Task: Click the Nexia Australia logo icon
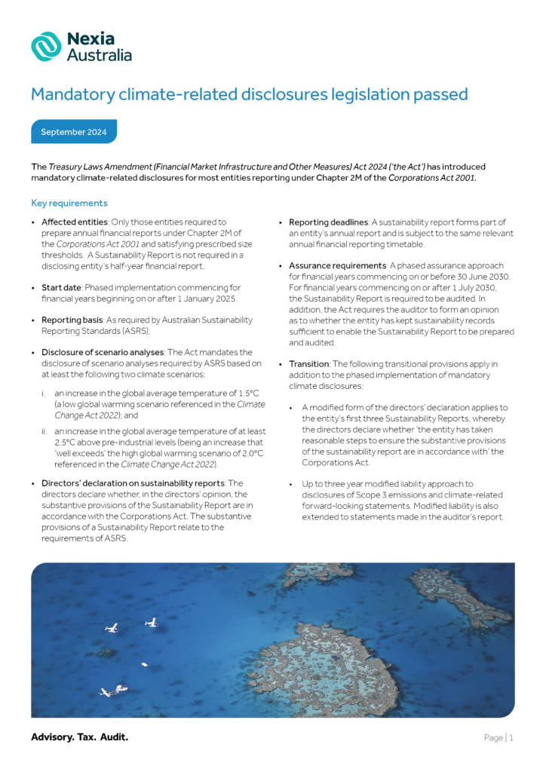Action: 46,46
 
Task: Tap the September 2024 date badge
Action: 74,132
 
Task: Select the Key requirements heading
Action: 69,204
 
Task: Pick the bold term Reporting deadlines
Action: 328,222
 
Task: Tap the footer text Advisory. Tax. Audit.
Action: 79,737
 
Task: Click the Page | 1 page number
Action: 498,738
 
